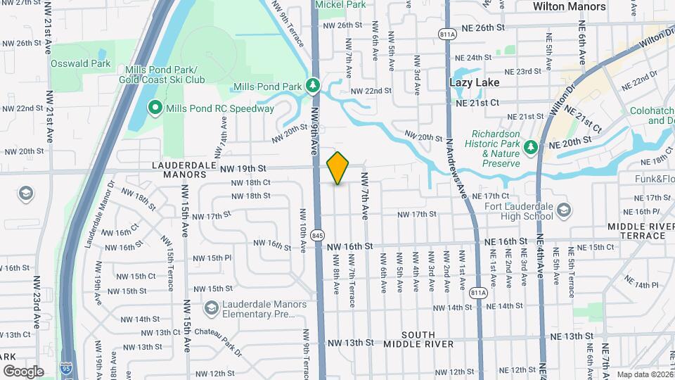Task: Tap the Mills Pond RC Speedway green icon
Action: [x=155, y=108]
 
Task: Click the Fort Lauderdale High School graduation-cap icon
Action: [x=563, y=210]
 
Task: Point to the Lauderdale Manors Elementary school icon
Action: [x=211, y=308]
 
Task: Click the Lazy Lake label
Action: [x=475, y=82]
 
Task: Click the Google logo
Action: [x=22, y=371]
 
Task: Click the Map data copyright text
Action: [x=644, y=374]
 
